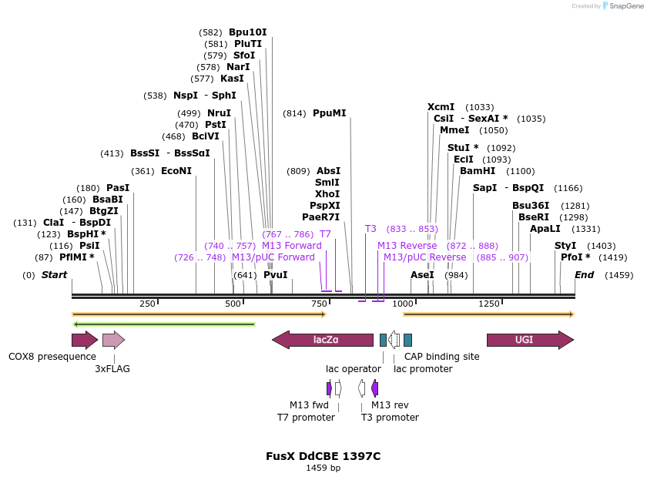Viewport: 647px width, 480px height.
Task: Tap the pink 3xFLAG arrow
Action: (112, 340)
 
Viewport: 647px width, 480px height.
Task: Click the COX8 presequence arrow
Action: (84, 340)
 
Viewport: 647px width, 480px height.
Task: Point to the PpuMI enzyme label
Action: (329, 113)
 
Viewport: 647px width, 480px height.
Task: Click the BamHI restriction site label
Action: (478, 171)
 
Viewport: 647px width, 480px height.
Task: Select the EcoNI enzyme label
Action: (176, 171)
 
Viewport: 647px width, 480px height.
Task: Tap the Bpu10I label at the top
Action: (247, 32)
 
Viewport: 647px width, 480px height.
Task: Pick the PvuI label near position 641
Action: (275, 274)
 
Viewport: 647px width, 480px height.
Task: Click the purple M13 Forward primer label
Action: (292, 246)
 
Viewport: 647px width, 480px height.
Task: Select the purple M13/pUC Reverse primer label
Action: (424, 257)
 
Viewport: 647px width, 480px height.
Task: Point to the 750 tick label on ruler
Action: (320, 304)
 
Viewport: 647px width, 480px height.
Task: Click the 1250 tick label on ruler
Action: (489, 304)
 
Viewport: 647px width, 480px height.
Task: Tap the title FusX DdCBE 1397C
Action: (323, 456)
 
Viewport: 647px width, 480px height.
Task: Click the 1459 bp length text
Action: (323, 468)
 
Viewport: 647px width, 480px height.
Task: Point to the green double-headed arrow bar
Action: (163, 324)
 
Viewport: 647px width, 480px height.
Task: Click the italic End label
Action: (584, 274)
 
